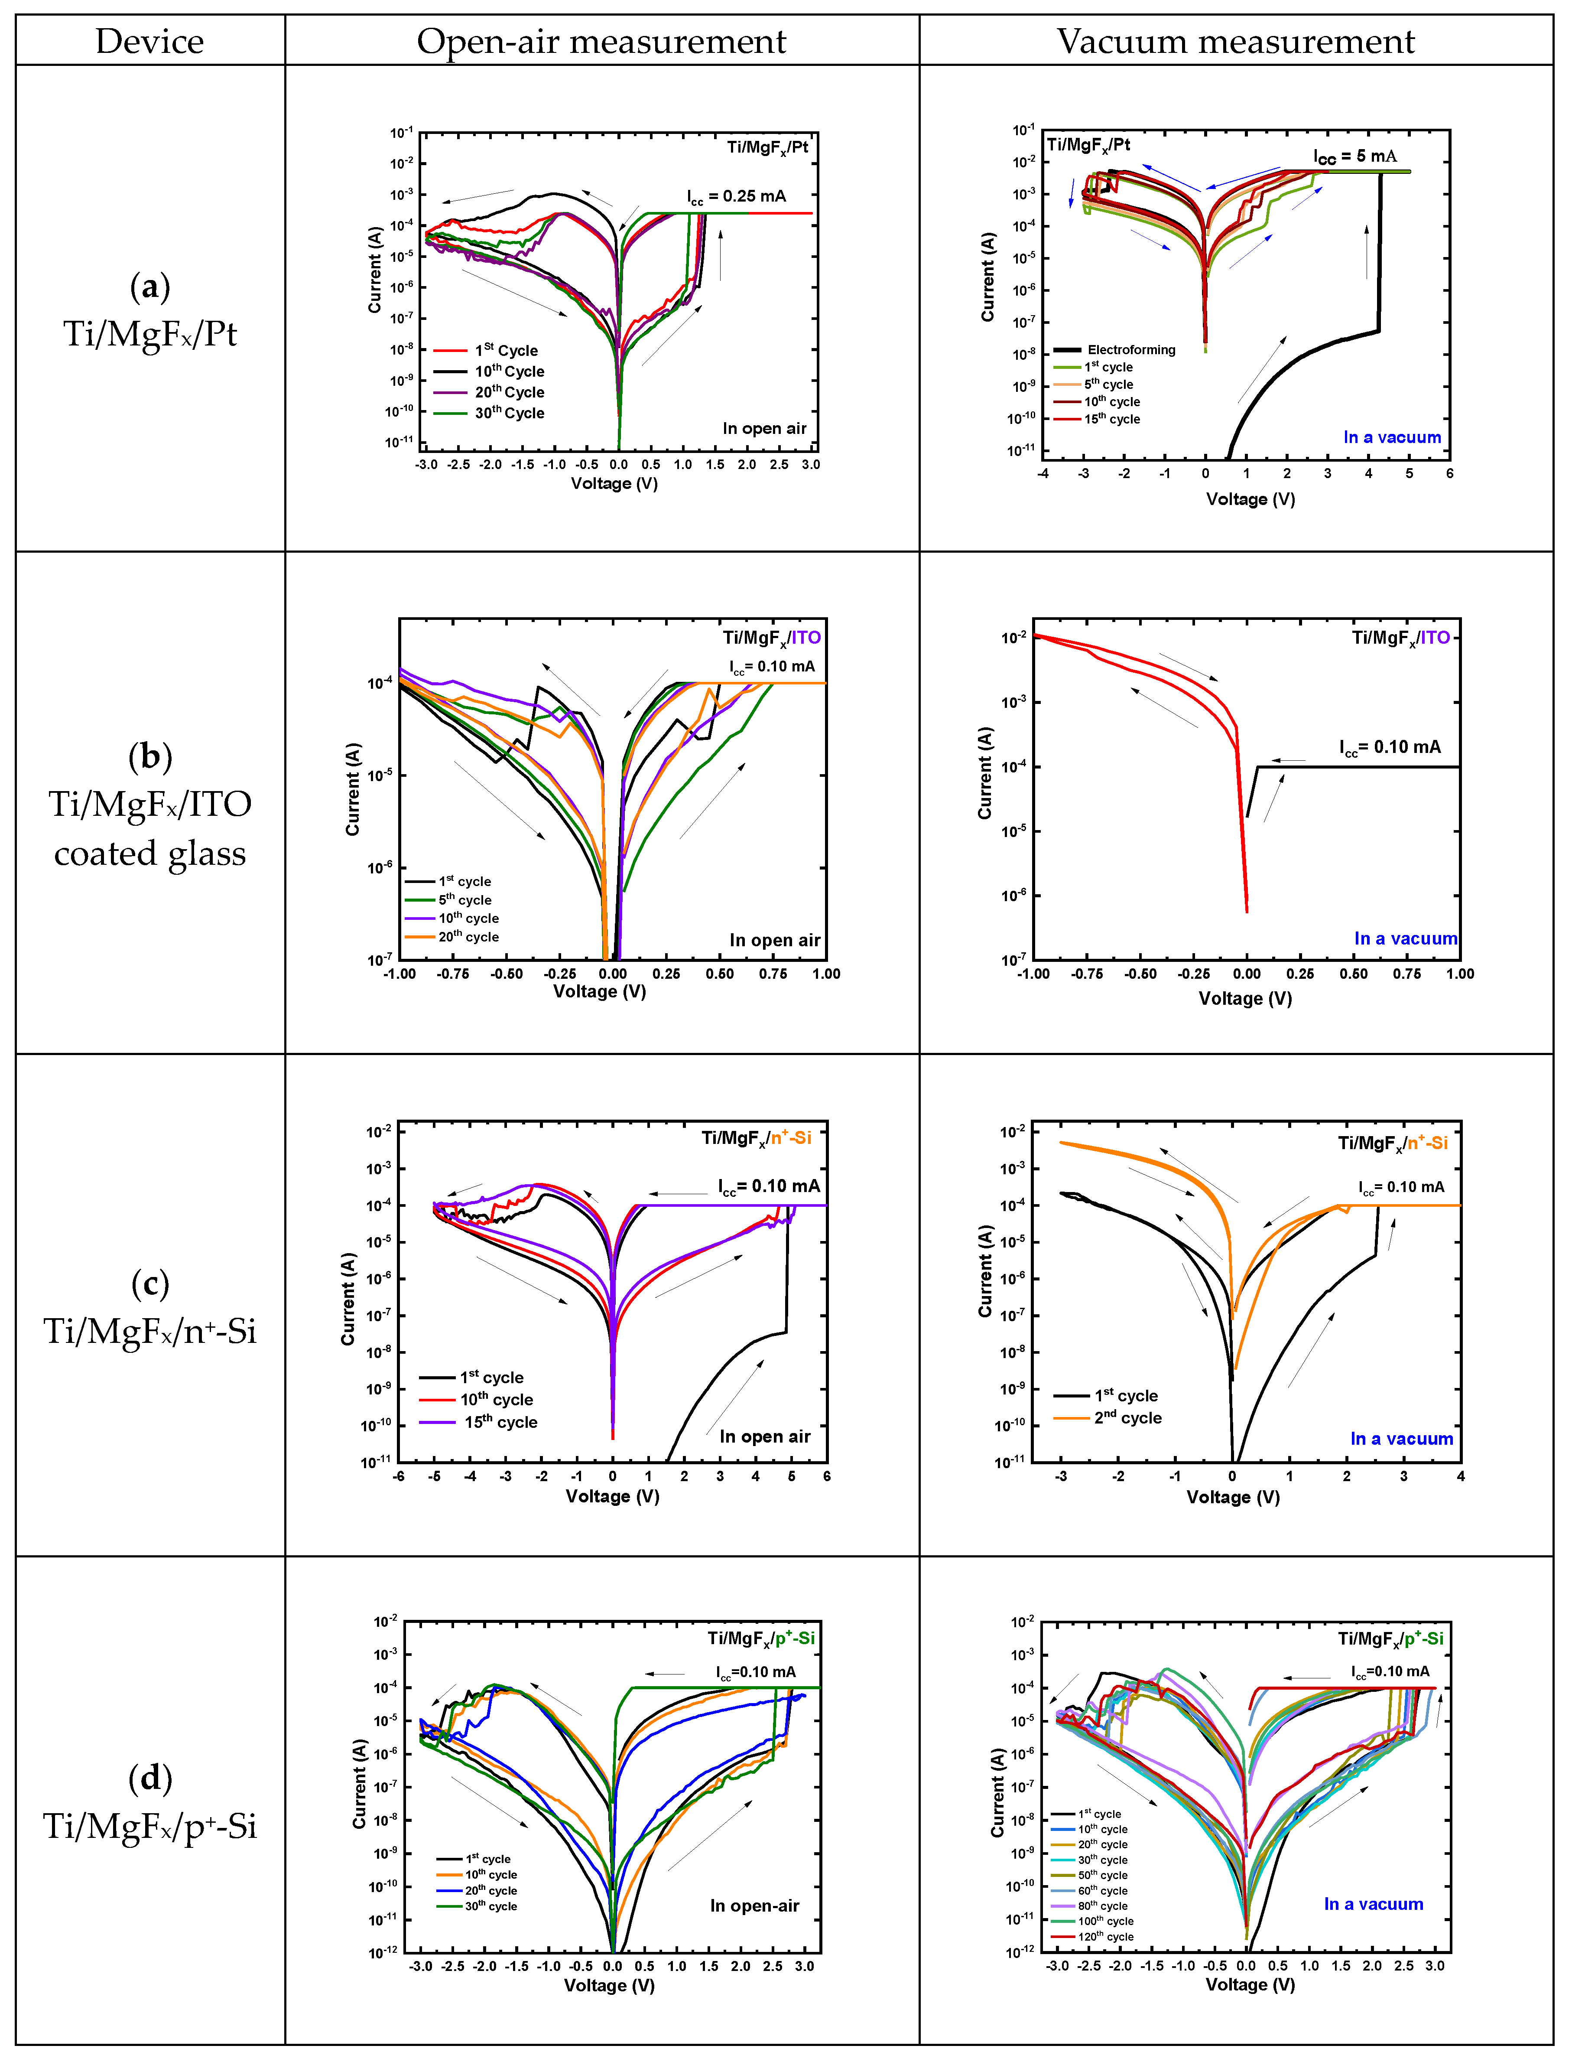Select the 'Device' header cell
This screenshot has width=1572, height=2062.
click(150, 41)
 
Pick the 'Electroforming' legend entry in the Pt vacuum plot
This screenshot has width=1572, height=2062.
click(1130, 349)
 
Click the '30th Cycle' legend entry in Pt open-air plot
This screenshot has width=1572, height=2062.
click(509, 413)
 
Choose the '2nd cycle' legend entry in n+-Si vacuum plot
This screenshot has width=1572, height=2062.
click(1127, 1418)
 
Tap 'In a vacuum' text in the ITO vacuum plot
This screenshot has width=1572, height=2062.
click(1406, 939)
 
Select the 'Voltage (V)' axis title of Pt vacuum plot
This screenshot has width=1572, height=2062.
click(1250, 499)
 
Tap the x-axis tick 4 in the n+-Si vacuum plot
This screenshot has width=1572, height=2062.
click(1460, 1476)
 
